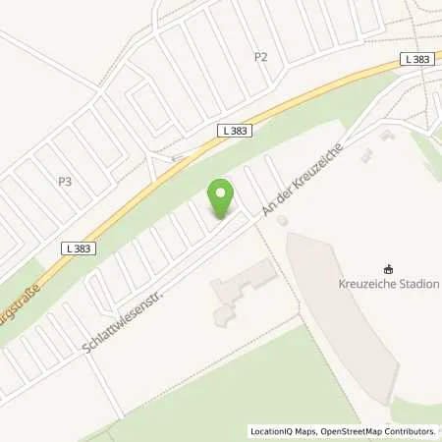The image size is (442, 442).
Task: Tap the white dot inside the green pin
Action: pyautogui.click(x=221, y=192)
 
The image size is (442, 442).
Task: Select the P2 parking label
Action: pyautogui.click(x=260, y=57)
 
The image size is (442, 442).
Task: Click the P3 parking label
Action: pyautogui.click(x=66, y=181)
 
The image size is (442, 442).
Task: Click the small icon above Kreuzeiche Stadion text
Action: pyautogui.click(x=390, y=268)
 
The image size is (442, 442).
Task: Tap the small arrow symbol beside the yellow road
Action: pyautogui.click(x=177, y=156)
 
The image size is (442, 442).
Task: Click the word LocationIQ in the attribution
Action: pyautogui.click(x=271, y=431)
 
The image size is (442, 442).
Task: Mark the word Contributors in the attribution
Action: pyautogui.click(x=412, y=431)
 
